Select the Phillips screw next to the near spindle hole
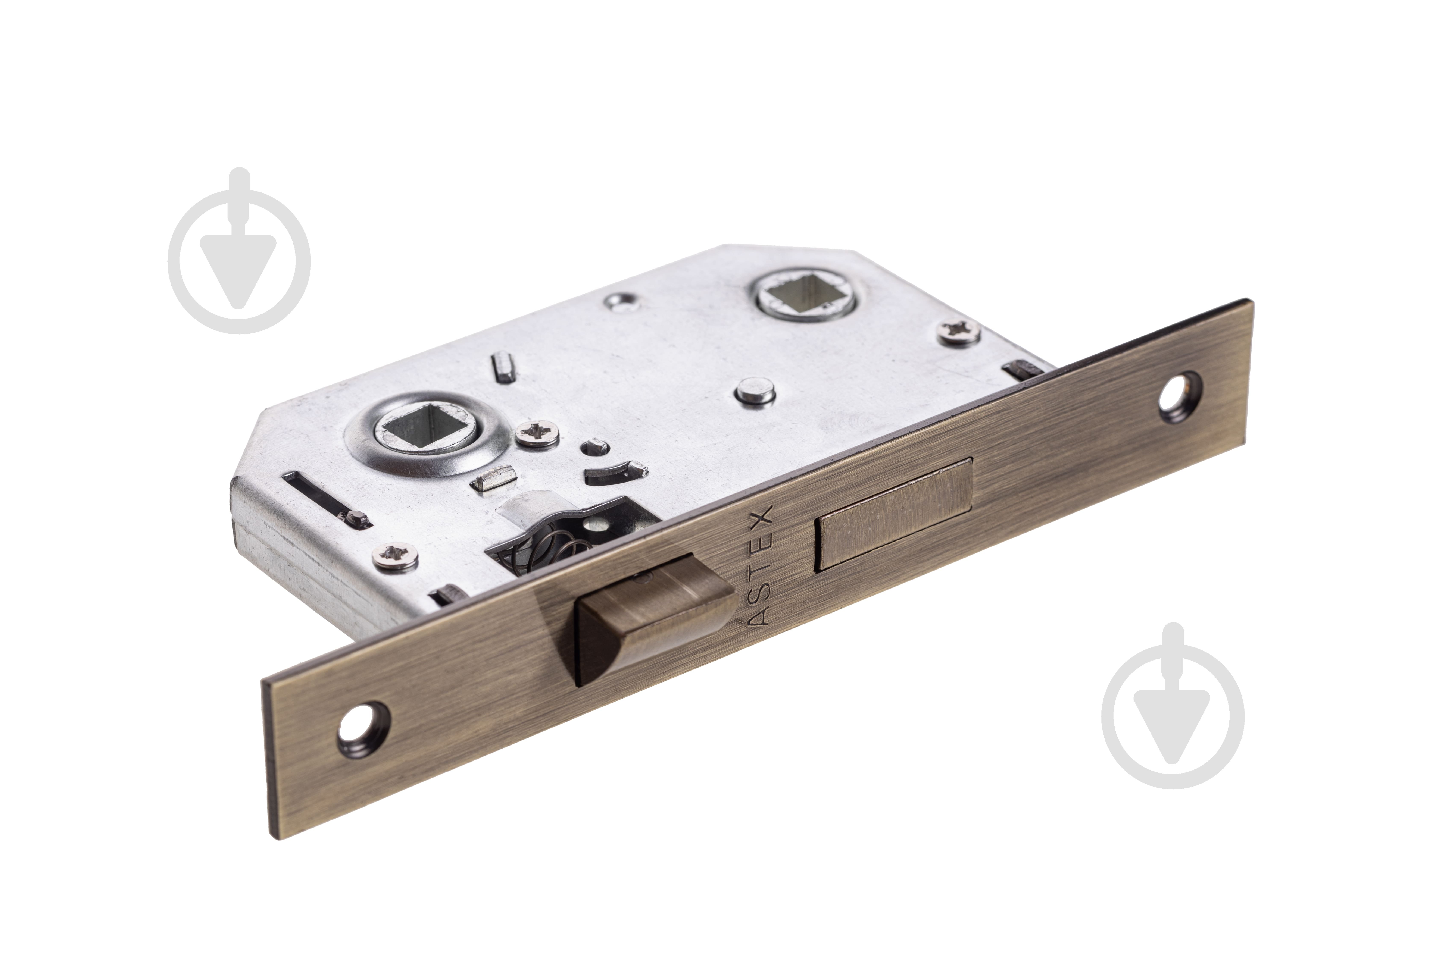pos(537,434)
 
